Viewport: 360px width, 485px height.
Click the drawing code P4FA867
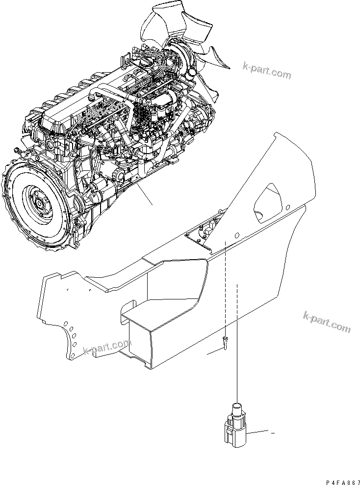click(343, 483)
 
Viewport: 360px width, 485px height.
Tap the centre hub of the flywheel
click(39, 203)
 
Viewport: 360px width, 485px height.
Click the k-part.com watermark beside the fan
click(266, 72)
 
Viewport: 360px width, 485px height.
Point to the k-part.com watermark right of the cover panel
click(327, 322)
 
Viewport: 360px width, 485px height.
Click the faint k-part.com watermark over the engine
click(102, 113)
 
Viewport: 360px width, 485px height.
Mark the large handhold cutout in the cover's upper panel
click(268, 203)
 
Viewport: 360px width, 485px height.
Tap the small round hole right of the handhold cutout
click(288, 207)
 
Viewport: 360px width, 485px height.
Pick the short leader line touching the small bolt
click(215, 351)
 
